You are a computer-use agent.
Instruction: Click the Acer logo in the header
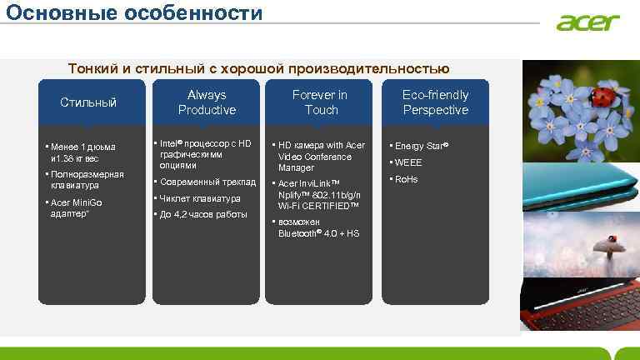tap(588, 22)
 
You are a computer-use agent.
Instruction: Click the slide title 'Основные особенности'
tap(132, 14)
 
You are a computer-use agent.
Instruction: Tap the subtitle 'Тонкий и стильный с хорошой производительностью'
tap(258, 68)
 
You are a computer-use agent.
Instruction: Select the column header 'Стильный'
tap(88, 102)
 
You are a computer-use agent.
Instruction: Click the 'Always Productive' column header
tap(207, 102)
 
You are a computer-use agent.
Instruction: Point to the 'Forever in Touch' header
tap(321, 102)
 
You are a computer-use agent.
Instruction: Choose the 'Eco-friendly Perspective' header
tap(435, 102)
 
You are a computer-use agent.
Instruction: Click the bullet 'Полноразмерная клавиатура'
tap(87, 179)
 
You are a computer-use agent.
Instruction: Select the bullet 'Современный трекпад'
tap(207, 182)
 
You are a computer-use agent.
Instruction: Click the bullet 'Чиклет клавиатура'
tap(200, 198)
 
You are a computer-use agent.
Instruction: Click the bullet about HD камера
tap(321, 156)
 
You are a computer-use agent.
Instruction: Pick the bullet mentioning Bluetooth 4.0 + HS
tap(318, 228)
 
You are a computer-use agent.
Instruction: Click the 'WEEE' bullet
tap(407, 162)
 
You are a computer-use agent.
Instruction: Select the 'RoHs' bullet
tap(406, 179)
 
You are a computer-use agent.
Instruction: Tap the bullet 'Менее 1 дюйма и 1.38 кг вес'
tap(82, 152)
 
